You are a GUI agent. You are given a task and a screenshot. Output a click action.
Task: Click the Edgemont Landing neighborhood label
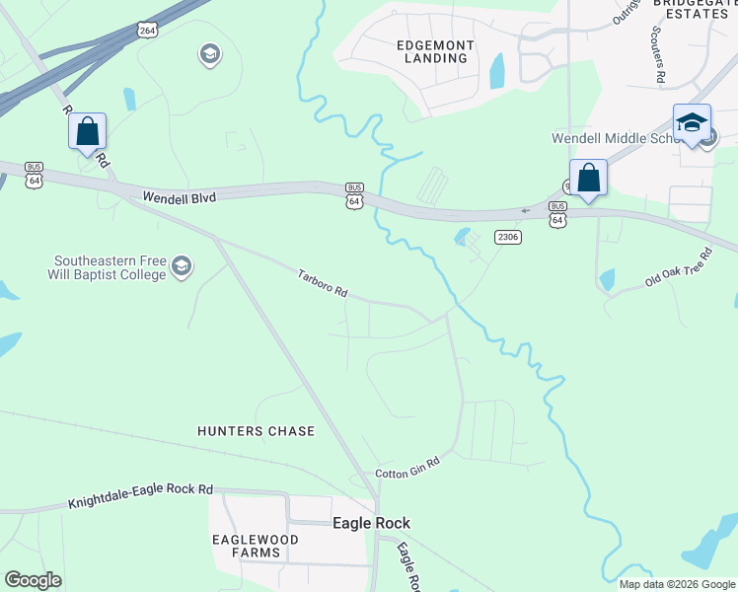coord(435,52)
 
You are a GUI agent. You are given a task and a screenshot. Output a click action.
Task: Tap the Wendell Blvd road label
coord(179,197)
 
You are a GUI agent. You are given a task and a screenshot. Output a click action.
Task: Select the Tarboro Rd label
coord(324,283)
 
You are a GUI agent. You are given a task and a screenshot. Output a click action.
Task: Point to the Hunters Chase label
coord(256,431)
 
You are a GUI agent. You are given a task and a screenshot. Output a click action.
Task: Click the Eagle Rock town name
coord(371,523)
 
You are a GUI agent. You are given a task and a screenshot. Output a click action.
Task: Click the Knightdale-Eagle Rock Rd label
coord(141,496)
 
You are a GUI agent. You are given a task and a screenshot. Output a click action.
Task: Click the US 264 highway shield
coord(147,30)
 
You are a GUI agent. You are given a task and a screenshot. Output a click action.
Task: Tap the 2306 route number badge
coord(508,237)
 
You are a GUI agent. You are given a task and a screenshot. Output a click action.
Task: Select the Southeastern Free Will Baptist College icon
coord(181,266)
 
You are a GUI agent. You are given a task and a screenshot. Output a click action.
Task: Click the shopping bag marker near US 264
coord(87,130)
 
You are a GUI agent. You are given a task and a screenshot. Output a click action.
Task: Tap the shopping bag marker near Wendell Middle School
coord(588,179)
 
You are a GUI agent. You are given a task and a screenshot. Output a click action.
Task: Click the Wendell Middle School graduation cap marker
coord(692,123)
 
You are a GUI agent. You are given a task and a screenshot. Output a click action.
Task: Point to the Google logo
coord(33,580)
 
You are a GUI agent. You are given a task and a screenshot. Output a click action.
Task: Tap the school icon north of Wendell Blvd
coord(209,53)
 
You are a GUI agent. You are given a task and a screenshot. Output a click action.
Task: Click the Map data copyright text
coord(677,584)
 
